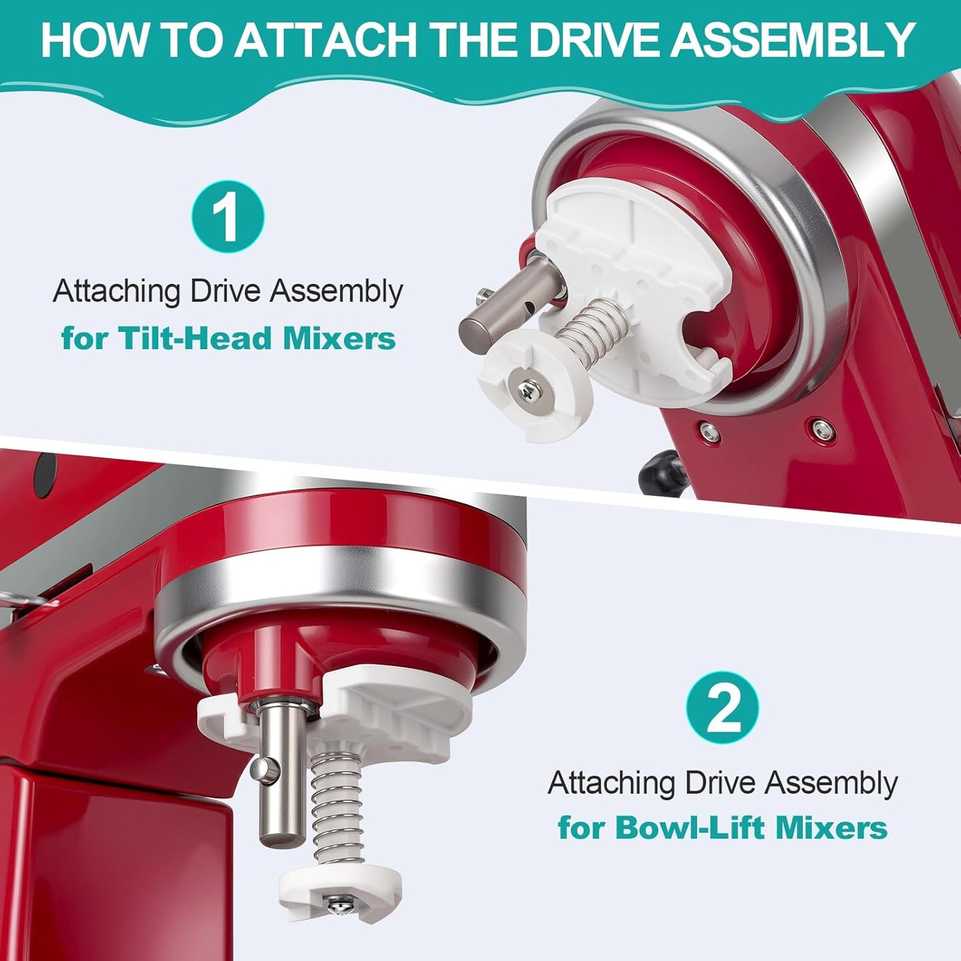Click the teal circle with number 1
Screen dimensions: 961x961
point(227,216)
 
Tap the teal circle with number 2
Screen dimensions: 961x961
point(722,709)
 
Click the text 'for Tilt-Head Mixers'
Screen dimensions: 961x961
point(228,339)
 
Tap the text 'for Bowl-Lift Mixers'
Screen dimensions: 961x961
point(723,827)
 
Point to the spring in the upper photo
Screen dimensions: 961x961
point(593,329)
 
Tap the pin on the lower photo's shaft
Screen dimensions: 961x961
point(264,770)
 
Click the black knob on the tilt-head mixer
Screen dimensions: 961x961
point(661,470)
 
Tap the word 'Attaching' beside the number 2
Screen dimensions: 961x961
point(611,783)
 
